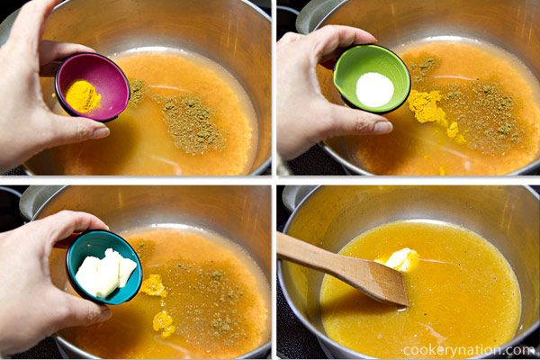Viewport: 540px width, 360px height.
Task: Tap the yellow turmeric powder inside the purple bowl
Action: pos(84,94)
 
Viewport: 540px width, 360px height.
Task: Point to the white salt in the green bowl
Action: pos(374,89)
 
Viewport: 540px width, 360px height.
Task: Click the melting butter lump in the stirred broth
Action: pos(399,259)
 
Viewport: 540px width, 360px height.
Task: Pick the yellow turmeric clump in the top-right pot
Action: pos(426,106)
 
